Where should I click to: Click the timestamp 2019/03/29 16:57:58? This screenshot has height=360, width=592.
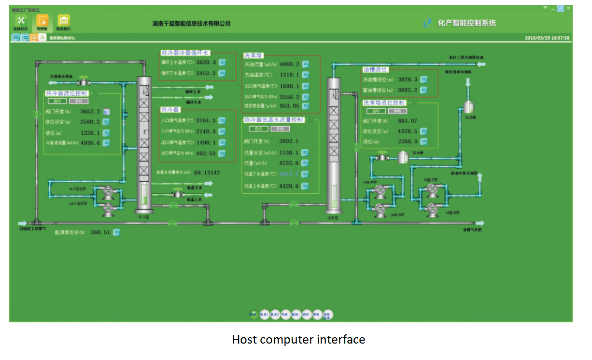point(547,38)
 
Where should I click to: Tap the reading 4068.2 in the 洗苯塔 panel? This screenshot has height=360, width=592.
point(290,64)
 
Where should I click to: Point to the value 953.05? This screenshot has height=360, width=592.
point(290,106)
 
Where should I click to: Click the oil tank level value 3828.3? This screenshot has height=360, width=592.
point(408,80)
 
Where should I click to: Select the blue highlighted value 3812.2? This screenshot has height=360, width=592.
point(289,174)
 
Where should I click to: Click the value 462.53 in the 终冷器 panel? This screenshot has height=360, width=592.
point(206,154)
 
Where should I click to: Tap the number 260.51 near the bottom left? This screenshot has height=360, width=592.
point(100,232)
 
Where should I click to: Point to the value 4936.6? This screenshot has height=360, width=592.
point(90,143)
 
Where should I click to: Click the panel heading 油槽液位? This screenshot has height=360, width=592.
point(375,70)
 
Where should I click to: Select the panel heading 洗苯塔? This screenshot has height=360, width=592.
point(254,56)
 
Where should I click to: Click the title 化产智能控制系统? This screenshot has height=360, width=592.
point(466,23)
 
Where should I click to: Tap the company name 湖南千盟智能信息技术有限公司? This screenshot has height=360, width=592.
point(191,23)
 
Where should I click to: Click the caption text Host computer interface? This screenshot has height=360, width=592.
point(298,340)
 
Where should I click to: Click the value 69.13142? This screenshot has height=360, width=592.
point(207,173)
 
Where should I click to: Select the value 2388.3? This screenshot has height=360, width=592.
point(408,142)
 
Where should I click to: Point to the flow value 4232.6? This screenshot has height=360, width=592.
point(289,163)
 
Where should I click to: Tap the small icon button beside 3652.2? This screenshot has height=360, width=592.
point(106,112)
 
